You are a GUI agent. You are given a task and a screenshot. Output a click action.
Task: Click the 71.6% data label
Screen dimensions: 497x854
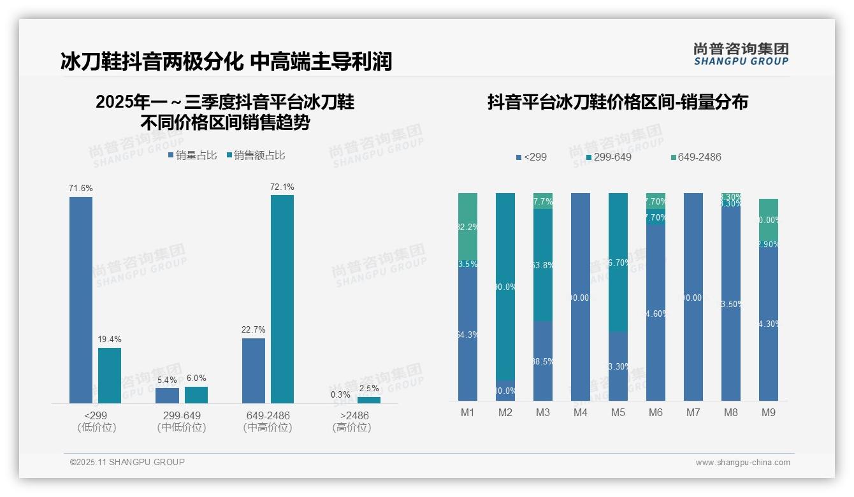pos(81,188)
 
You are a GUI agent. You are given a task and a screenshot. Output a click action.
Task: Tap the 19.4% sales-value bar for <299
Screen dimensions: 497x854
pos(110,375)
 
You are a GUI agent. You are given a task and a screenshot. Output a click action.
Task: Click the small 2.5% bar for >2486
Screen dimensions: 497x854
pos(369,400)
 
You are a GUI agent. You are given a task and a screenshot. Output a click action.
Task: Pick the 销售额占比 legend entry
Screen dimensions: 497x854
pos(256,155)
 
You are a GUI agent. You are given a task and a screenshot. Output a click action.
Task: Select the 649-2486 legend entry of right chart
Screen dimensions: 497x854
pos(696,157)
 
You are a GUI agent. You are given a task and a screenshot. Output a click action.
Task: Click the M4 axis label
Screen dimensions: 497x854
pos(581,413)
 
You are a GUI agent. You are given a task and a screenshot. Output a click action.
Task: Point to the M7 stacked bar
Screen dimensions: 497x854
pos(693,297)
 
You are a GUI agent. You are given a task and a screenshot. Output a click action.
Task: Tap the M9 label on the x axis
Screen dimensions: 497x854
pos(769,413)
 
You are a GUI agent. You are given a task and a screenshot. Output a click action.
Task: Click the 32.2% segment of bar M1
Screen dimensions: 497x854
pos(468,226)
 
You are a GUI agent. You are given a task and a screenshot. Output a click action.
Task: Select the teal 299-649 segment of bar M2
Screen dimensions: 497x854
pos(505,287)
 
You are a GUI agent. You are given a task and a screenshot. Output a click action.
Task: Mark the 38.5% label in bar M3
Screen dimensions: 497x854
pos(543,361)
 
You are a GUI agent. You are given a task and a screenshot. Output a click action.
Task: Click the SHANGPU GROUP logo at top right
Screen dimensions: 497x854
pos(741,54)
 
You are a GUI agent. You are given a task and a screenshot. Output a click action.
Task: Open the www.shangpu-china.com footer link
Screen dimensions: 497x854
pos(742,463)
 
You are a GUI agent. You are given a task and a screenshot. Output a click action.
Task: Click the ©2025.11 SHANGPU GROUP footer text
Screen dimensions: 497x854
pos(127,462)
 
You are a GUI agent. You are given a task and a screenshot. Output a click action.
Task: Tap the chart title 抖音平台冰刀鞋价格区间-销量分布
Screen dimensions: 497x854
pos(618,102)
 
